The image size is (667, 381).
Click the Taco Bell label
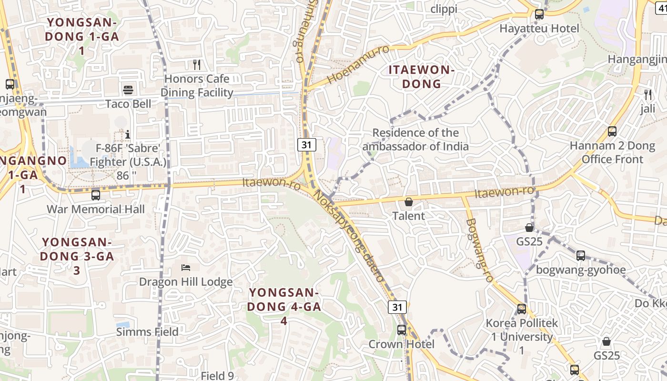pos(128,104)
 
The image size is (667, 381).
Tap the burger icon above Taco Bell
pos(128,90)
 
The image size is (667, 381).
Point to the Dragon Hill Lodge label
pos(186,282)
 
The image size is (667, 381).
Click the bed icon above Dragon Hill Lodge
pos(186,268)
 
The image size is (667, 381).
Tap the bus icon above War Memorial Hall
pos(96,195)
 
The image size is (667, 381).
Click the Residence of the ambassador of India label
pos(415,140)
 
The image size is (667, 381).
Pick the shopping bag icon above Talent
pos(408,202)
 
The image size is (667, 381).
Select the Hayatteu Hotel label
pos(539,29)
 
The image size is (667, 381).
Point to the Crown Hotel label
pos(402,344)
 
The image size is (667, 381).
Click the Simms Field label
pos(148,332)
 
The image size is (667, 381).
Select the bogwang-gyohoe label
pos(581,270)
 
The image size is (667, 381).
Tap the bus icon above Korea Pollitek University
pos(522,309)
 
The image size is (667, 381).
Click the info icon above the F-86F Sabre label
pos(128,135)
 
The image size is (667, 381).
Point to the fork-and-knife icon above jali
pos(647,94)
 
